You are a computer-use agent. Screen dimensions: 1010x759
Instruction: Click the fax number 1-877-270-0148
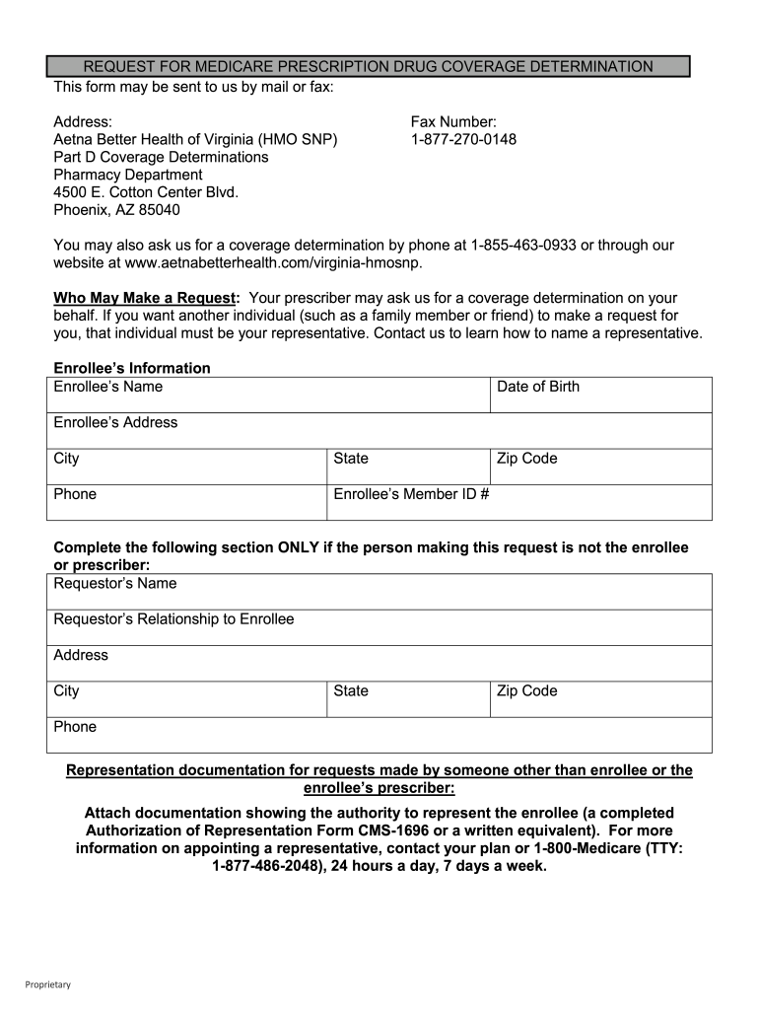point(463,139)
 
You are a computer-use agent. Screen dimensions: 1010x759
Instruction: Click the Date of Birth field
point(601,395)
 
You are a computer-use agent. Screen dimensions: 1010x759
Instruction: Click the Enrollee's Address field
point(381,431)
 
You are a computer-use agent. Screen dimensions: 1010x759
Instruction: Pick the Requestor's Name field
point(381,592)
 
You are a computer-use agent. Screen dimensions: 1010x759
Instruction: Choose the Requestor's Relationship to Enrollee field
point(381,627)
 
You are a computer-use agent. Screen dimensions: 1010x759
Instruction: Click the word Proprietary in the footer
point(47,984)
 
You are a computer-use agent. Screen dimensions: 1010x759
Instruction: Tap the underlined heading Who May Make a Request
point(145,298)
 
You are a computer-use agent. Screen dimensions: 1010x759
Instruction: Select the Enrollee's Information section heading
point(131,368)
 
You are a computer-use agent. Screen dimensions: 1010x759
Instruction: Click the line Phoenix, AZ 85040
point(116,210)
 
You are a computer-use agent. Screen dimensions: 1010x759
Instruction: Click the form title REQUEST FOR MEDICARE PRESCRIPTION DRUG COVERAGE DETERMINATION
point(368,66)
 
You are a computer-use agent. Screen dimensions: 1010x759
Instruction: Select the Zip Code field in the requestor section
point(601,699)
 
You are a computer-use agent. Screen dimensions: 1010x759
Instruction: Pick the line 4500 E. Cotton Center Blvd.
point(146,192)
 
